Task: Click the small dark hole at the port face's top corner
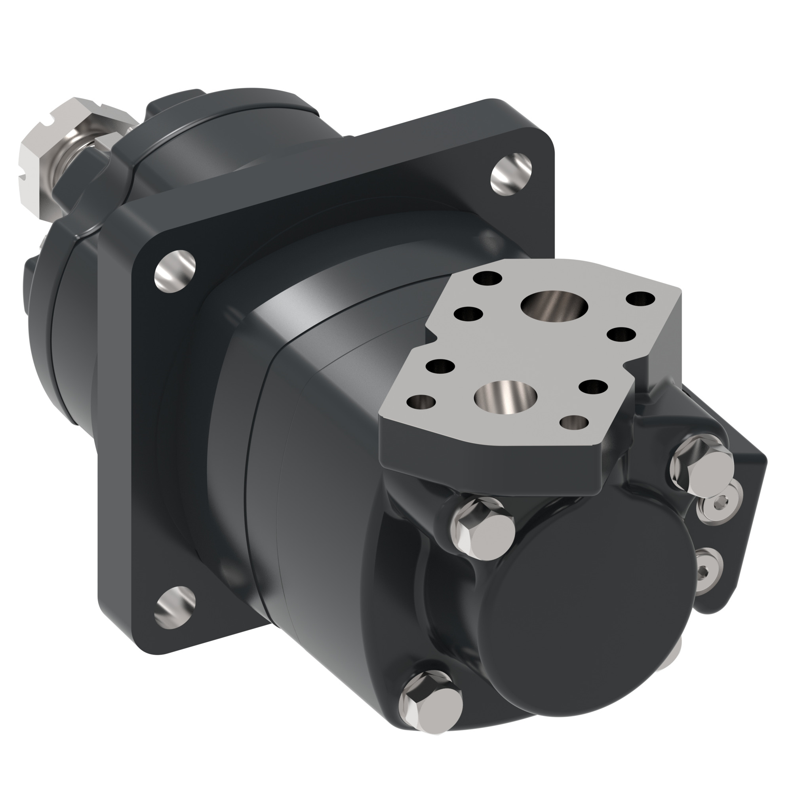tap(487, 279)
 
